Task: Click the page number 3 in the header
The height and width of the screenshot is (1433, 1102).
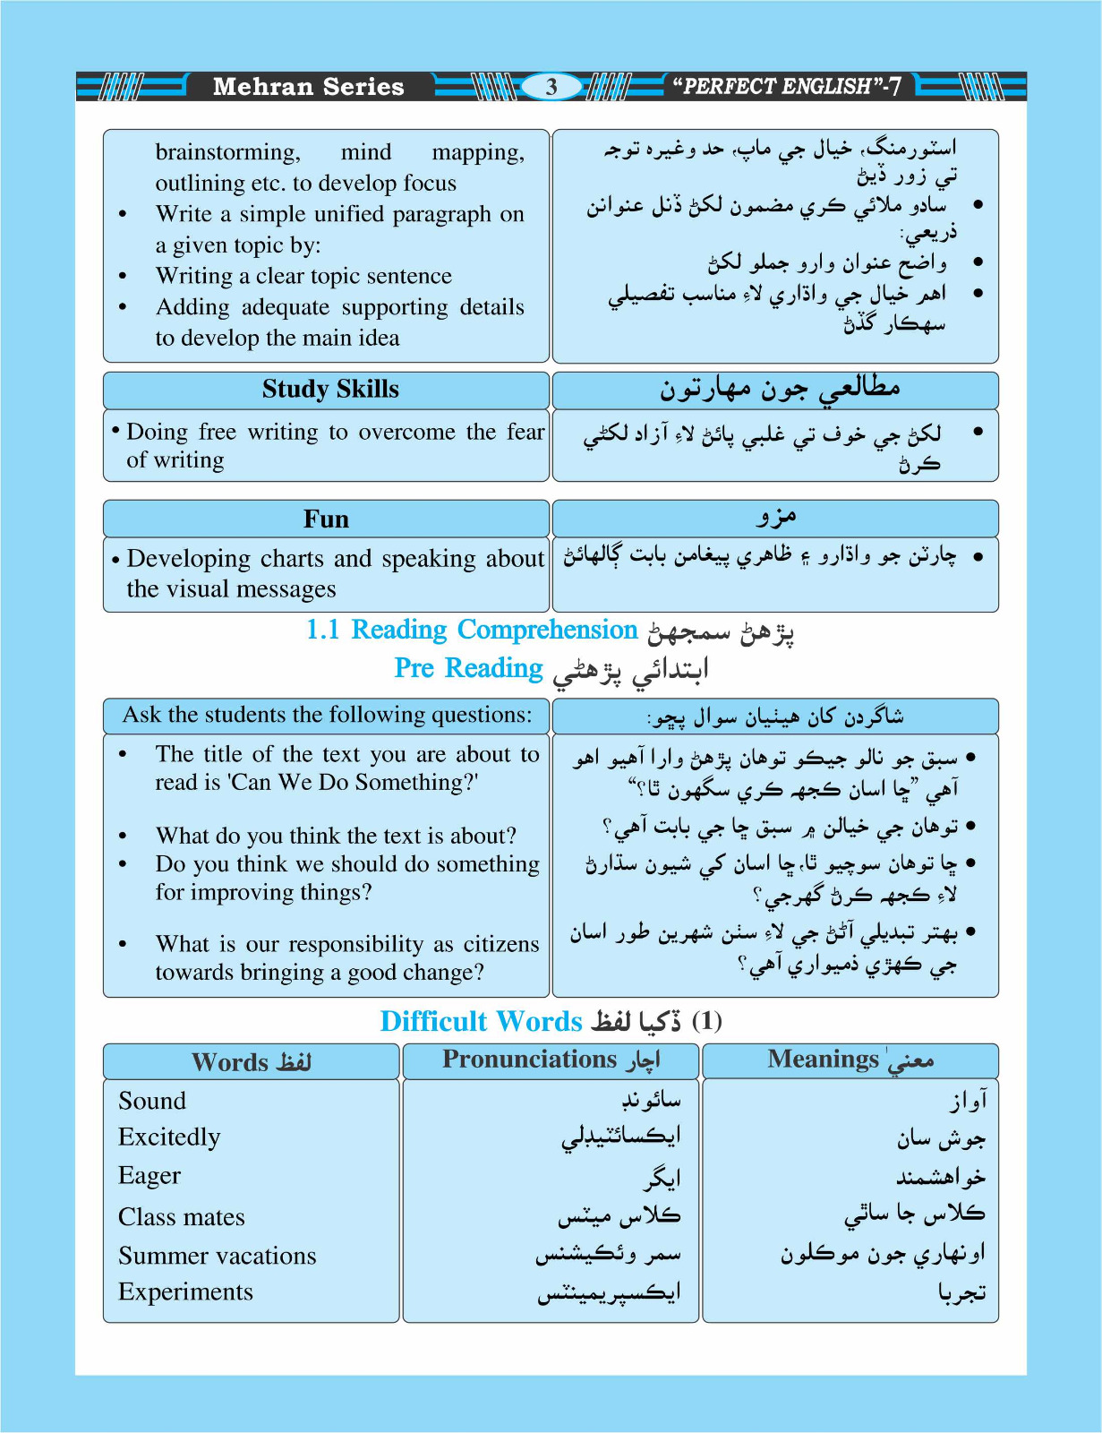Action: point(551,87)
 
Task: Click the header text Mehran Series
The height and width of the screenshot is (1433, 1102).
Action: point(308,87)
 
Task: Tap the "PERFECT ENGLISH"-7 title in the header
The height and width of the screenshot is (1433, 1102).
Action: point(787,87)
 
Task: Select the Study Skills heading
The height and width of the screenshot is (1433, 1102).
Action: point(330,390)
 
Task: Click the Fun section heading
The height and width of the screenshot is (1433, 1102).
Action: point(326,519)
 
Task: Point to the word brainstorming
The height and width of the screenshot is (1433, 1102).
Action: point(227,152)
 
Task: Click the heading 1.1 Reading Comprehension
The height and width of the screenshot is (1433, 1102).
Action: point(471,630)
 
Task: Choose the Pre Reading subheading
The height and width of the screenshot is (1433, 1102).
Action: point(468,668)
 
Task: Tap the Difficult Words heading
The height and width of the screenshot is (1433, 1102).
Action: point(481,1021)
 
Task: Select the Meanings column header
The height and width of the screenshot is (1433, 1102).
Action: point(824,1060)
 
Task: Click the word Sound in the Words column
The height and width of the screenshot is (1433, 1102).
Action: point(152,1101)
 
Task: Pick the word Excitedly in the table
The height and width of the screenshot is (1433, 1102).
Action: point(169,1137)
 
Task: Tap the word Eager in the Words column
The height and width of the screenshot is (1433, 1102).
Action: point(149,1176)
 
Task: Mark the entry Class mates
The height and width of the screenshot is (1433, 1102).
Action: point(182,1217)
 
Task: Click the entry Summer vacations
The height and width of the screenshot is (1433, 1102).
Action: point(218,1256)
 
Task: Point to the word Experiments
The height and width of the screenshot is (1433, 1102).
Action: point(186,1291)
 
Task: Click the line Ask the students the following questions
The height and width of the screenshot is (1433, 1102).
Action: point(327,715)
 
